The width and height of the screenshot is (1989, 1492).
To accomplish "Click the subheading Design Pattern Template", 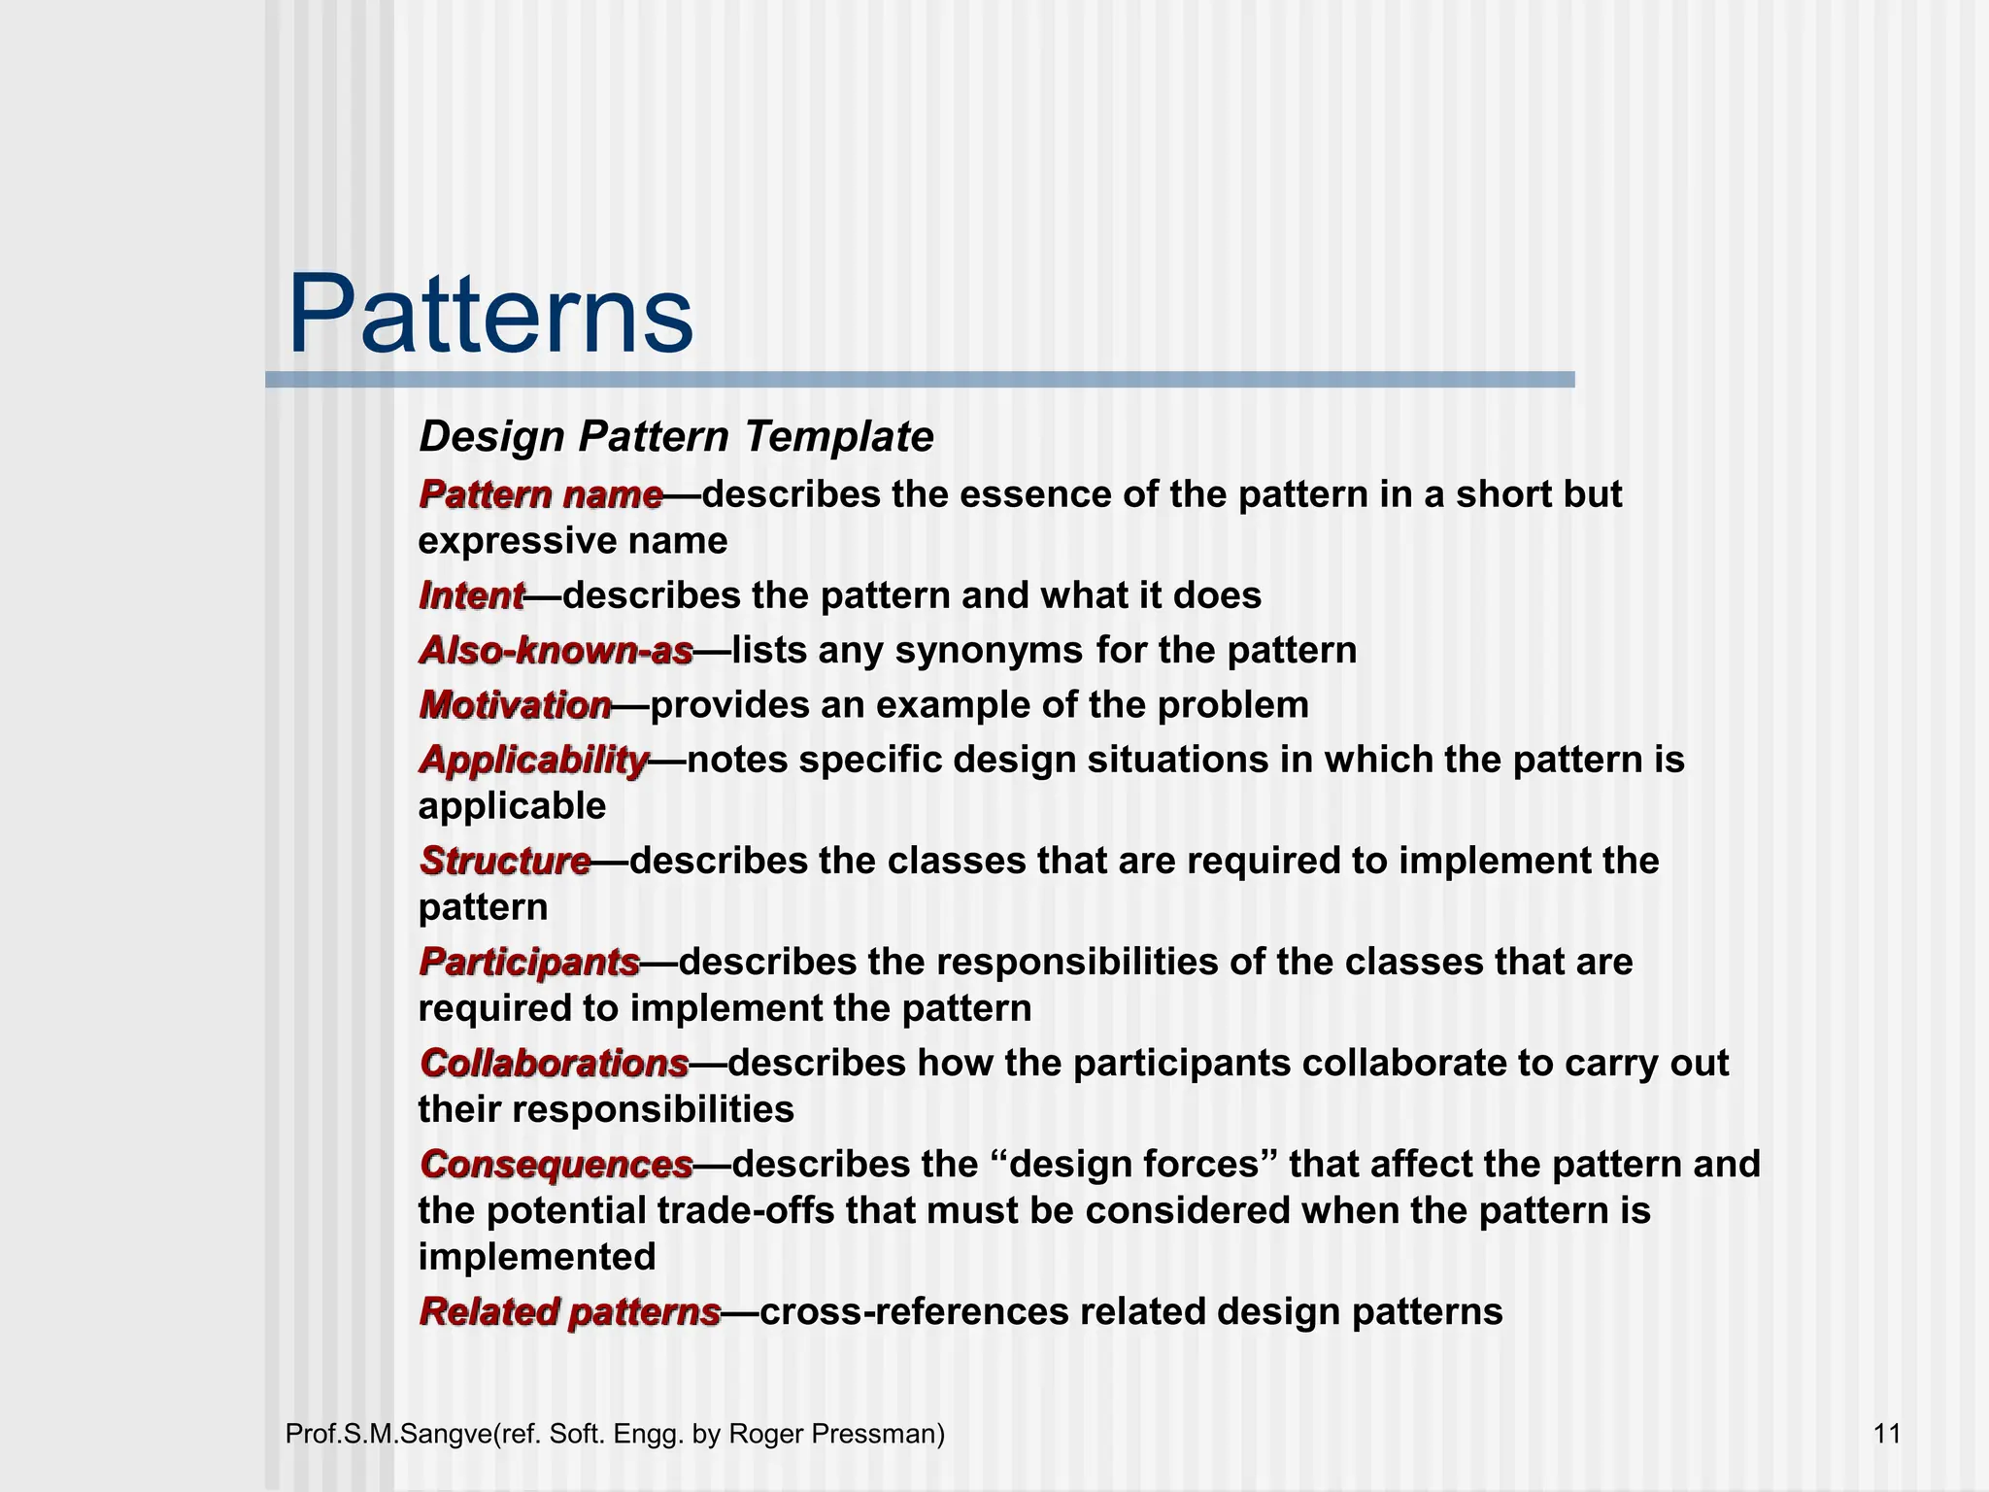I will point(676,436).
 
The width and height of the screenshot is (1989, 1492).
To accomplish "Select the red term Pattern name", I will point(541,494).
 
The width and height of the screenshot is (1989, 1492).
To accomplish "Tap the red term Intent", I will point(471,595).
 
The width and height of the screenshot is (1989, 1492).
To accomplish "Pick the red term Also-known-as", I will point(556,650).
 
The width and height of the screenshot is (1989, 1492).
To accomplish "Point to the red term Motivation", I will point(516,704).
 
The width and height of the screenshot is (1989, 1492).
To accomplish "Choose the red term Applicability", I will point(533,760).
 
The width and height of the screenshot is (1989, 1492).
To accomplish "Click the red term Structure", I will point(505,861).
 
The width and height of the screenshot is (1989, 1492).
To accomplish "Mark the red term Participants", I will point(529,962).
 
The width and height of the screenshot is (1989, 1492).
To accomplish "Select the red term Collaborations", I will point(555,1063).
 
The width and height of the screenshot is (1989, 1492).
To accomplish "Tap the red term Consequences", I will point(556,1164).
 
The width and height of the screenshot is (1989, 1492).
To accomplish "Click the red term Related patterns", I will point(570,1311).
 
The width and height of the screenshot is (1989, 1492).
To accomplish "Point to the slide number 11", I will point(1886,1434).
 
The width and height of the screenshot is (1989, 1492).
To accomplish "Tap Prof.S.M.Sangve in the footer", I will point(388,1434).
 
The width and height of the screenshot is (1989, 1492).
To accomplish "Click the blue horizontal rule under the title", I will point(920,380).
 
